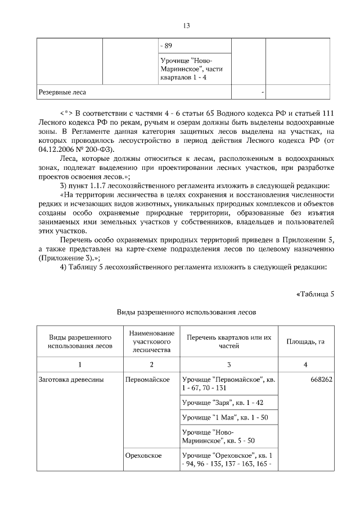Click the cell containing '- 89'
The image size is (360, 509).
click(x=166, y=46)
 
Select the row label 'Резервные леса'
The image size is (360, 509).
click(x=62, y=91)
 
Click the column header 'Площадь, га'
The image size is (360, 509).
click(x=305, y=341)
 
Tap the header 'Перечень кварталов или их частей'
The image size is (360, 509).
click(x=228, y=341)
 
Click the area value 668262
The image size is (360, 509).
click(x=321, y=380)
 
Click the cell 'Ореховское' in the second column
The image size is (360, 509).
click(x=145, y=454)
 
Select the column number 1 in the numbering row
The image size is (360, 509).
click(x=80, y=364)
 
